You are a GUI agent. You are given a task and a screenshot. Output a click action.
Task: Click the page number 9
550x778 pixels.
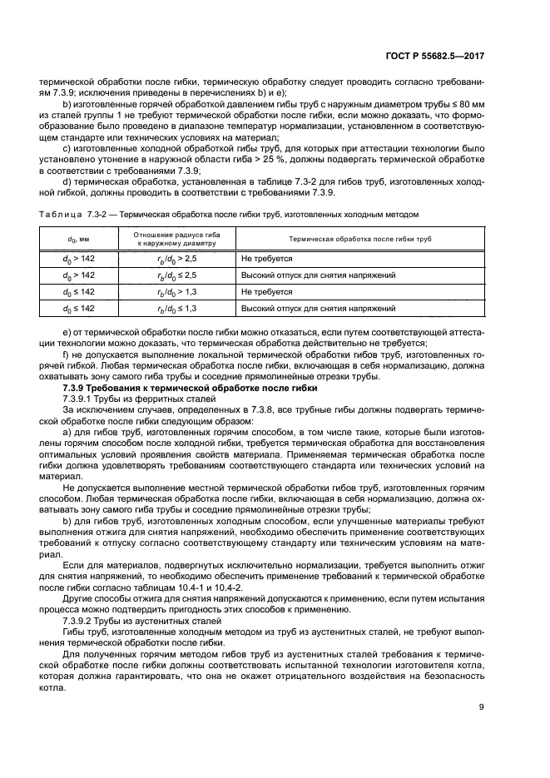click(x=482, y=708)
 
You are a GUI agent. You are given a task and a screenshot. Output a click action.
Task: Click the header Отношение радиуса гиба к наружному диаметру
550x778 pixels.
click(x=177, y=240)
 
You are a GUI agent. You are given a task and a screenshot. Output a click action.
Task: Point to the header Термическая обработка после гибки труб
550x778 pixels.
click(x=359, y=240)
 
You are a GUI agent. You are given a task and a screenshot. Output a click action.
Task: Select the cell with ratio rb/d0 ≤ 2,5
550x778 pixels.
click(x=177, y=275)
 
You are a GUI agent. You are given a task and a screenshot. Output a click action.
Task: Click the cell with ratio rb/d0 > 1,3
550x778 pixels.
click(x=177, y=292)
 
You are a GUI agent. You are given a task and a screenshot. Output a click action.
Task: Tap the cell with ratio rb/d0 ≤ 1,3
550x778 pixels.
click(x=177, y=309)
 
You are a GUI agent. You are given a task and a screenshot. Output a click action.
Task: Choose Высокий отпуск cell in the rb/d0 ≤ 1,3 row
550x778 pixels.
click(x=306, y=309)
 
